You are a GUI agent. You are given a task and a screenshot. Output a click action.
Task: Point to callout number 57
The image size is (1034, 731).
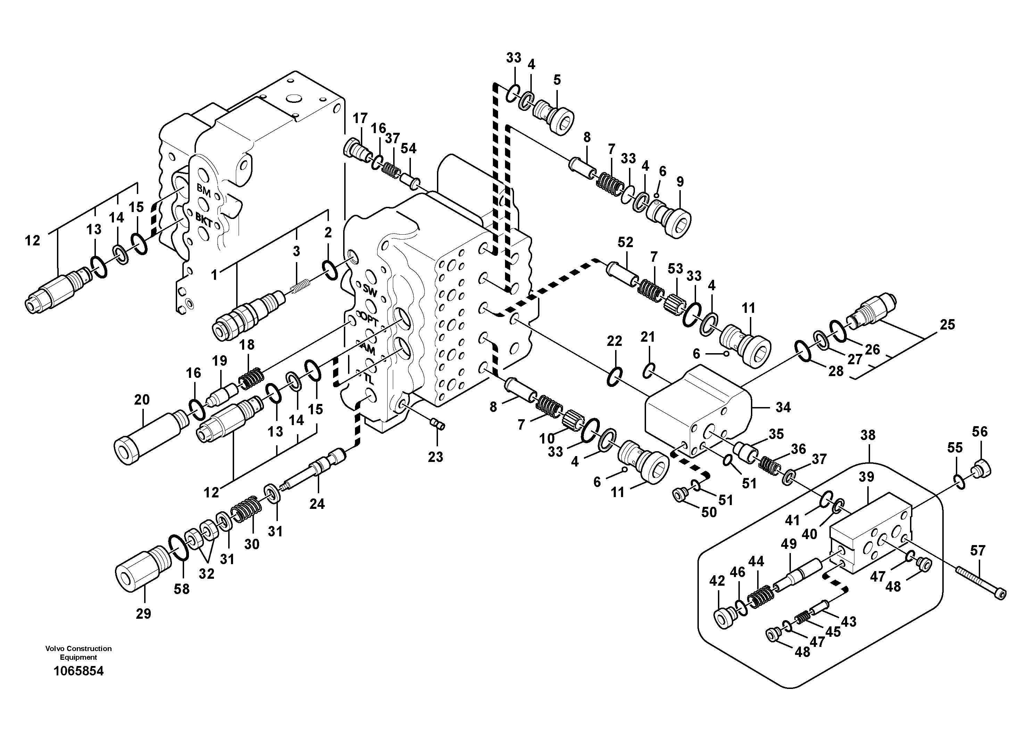[978, 550]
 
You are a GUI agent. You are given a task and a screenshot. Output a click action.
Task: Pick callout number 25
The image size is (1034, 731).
[948, 325]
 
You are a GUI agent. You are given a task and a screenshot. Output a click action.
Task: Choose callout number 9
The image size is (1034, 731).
[680, 182]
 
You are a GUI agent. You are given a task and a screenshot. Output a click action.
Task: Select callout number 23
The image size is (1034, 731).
[436, 457]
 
